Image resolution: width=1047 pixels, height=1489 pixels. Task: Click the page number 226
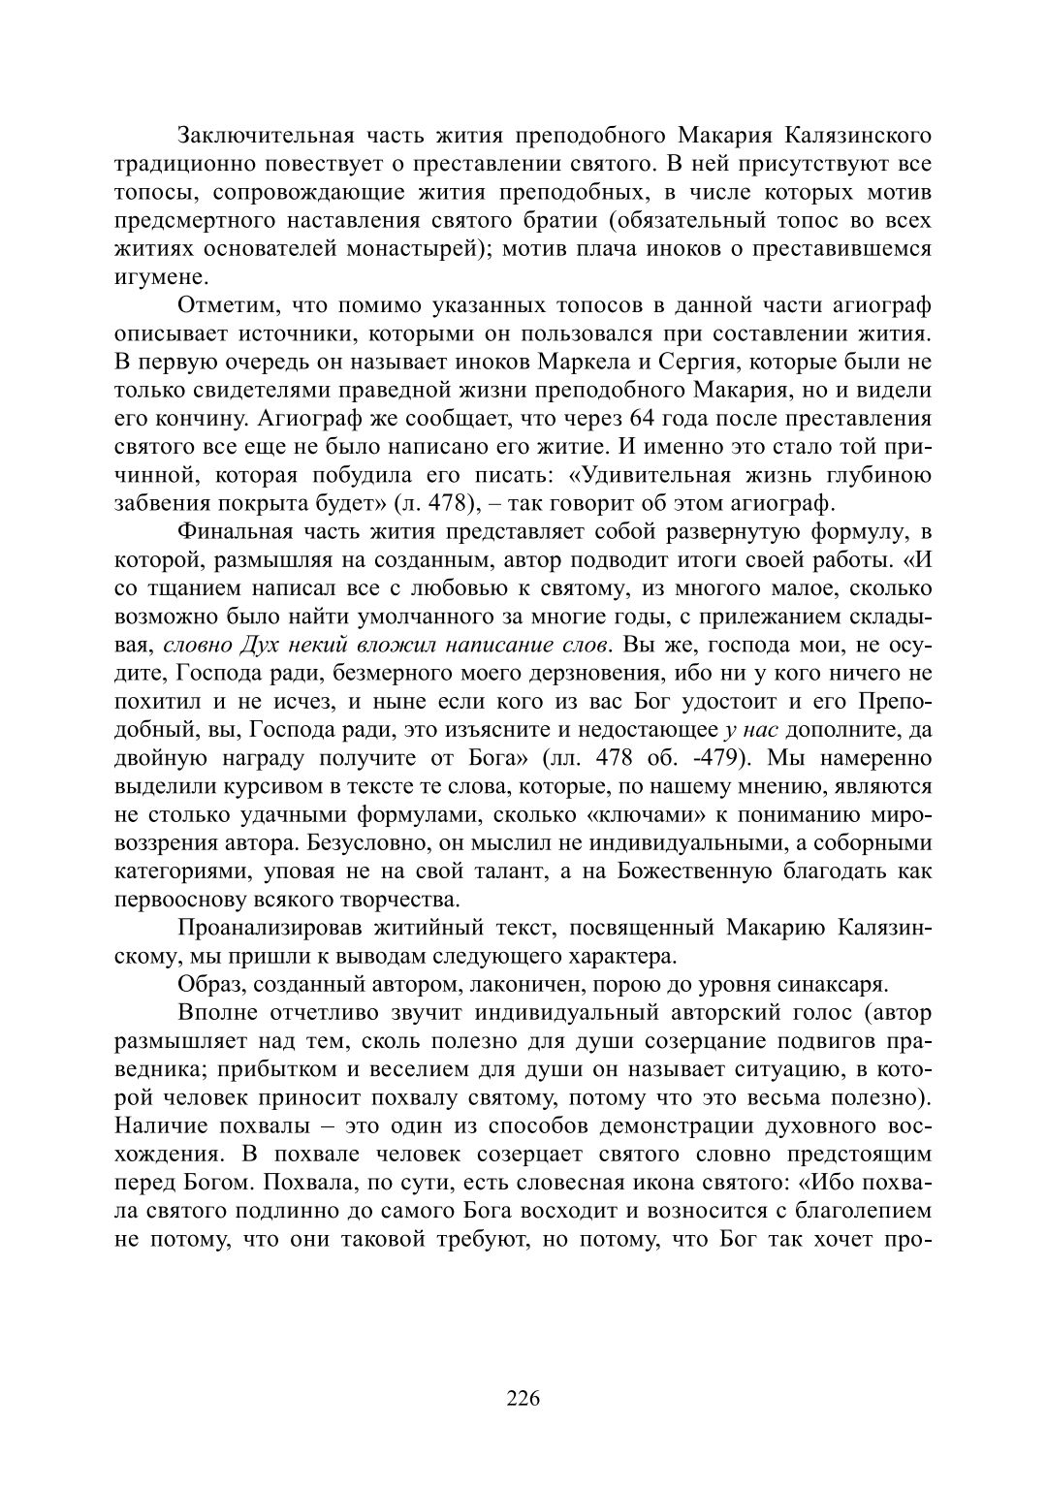pos(523,1398)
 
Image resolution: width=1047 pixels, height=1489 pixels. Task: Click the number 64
pos(644,419)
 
